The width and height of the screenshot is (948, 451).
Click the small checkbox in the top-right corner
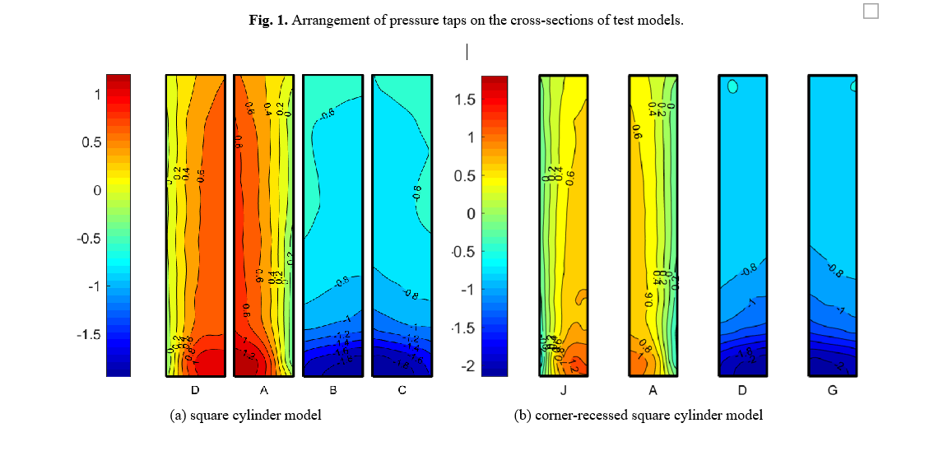(x=871, y=11)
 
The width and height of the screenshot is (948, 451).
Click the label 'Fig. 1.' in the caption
(x=268, y=21)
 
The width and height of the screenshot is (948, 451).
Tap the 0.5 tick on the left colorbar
(x=91, y=142)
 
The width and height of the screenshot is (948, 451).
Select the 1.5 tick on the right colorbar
(x=464, y=100)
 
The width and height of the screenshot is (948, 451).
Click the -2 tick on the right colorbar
(x=467, y=365)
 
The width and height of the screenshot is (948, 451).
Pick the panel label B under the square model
(x=335, y=390)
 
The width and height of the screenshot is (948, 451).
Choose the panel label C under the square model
(x=402, y=390)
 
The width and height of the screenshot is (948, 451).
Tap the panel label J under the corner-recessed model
(x=564, y=390)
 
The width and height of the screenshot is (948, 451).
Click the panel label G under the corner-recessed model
(x=832, y=390)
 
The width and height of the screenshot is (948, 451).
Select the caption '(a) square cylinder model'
(x=245, y=416)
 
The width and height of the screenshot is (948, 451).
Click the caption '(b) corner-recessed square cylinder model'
(x=639, y=416)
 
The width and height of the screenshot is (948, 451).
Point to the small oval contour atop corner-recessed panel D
(x=732, y=86)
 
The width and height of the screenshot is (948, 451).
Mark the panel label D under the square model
(x=195, y=390)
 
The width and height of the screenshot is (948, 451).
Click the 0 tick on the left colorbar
(x=96, y=190)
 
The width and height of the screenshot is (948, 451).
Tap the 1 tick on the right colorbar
(x=471, y=137)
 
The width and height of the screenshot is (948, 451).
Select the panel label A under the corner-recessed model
(x=653, y=390)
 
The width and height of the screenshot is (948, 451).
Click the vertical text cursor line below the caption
(x=467, y=52)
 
